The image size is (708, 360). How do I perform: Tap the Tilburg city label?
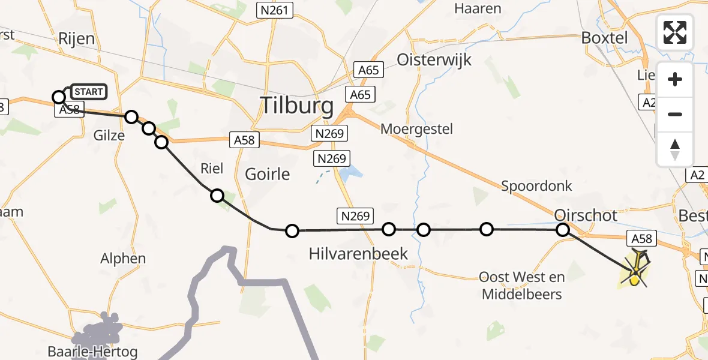click(x=296, y=106)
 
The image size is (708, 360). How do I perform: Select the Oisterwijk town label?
click(x=434, y=60)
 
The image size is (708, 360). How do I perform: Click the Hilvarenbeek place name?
click(x=358, y=254)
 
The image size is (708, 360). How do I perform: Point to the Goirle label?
click(x=267, y=175)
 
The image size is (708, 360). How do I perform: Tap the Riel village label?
click(x=212, y=169)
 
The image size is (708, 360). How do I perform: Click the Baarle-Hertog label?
click(x=92, y=351)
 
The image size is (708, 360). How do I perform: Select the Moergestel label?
click(x=416, y=129)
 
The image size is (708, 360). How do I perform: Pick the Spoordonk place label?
click(x=536, y=186)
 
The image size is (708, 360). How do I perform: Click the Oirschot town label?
click(x=586, y=214)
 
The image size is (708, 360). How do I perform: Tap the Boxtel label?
click(x=604, y=38)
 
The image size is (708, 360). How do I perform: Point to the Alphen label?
click(x=123, y=259)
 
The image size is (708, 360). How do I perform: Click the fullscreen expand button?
click(x=675, y=32)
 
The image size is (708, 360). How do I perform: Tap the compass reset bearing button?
click(x=675, y=149)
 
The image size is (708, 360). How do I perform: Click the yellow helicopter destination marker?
click(x=635, y=275)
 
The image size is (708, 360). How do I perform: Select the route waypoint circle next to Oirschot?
click(x=563, y=229)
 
